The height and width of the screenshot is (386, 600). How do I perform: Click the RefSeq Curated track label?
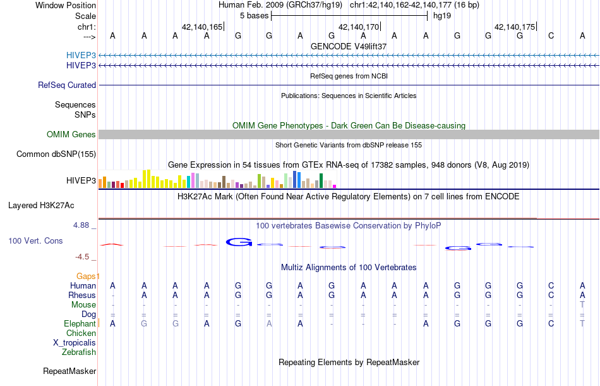click(x=67, y=85)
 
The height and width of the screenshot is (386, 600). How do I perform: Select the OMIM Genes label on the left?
click(x=71, y=134)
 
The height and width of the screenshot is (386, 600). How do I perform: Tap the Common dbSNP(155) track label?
click(x=56, y=154)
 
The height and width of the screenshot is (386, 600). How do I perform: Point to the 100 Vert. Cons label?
click(x=35, y=241)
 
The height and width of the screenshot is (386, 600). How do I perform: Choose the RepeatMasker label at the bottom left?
click(x=69, y=371)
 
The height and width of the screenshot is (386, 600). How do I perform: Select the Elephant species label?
click(x=80, y=323)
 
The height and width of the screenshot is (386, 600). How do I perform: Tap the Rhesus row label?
click(x=83, y=295)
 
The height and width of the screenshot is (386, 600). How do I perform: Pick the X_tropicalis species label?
click(x=75, y=342)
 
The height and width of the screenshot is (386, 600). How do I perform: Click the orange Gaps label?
click(x=87, y=276)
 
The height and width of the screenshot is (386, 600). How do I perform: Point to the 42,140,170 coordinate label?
click(x=359, y=27)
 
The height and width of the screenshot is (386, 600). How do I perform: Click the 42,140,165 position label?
click(x=202, y=27)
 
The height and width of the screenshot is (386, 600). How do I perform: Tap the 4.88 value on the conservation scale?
click(x=82, y=225)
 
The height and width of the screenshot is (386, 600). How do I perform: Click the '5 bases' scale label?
click(x=253, y=15)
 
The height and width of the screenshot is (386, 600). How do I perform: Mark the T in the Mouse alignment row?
click(x=582, y=304)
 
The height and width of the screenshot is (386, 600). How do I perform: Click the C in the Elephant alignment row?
click(x=551, y=323)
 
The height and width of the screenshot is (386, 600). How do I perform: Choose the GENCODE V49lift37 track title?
click(x=349, y=46)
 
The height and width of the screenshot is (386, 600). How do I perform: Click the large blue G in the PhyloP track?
click(x=239, y=241)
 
